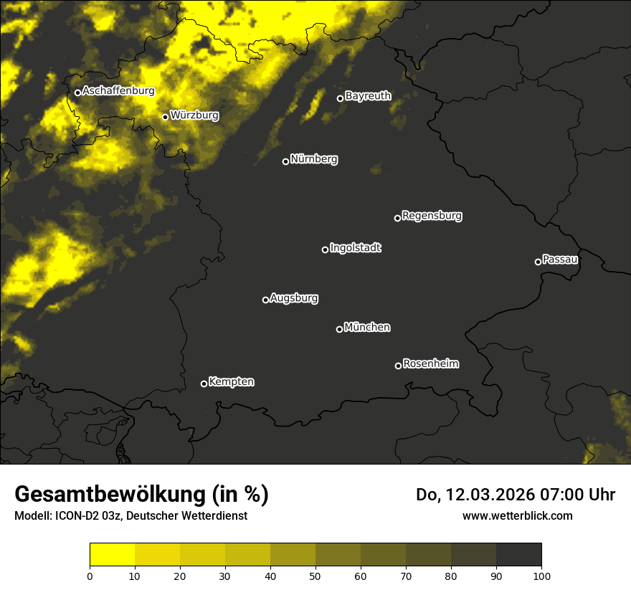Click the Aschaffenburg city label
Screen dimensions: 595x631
pos(118,91)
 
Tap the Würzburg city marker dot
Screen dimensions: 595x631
pos(165,117)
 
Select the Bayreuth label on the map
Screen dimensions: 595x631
pos(368,96)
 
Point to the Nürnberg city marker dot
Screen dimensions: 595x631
pos(285,161)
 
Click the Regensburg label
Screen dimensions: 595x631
pos(432,216)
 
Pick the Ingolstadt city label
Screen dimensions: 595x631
pos(356,248)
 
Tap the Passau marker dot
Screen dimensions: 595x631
pos(538,262)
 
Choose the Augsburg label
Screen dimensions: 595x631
pos(294,298)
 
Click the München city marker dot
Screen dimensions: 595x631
pos(339,329)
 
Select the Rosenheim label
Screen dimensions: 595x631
pos(430,364)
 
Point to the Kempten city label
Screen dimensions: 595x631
pos(231,382)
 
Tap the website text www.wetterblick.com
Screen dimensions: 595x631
pos(517,515)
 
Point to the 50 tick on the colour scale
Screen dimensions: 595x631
pos(315,575)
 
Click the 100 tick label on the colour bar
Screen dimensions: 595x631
pos(541,575)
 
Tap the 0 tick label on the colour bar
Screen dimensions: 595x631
pos(90,575)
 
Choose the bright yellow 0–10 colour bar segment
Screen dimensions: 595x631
pos(112,555)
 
